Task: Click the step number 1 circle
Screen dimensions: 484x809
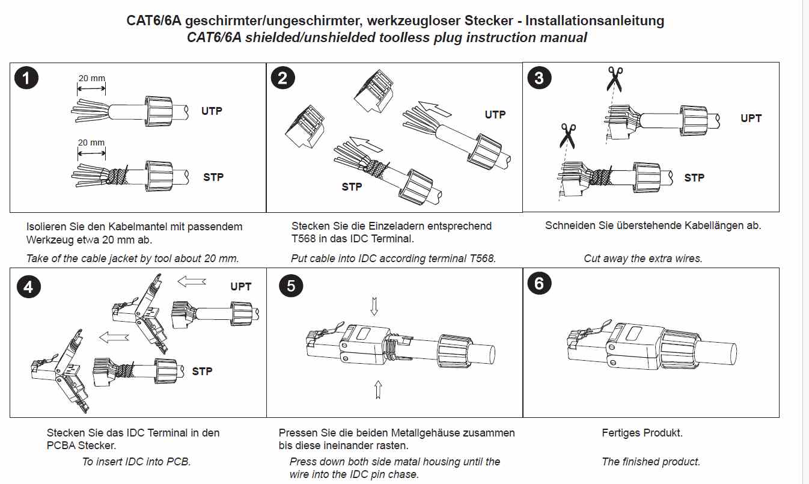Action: (26, 78)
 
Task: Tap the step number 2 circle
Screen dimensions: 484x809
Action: (283, 78)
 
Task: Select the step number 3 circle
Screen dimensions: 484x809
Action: (539, 78)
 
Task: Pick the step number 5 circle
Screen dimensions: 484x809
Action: (292, 286)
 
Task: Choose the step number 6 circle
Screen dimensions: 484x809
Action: (539, 283)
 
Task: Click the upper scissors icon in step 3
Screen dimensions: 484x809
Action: (614, 78)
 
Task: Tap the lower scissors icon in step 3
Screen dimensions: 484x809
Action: (567, 135)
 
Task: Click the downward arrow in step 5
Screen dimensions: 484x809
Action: (374, 306)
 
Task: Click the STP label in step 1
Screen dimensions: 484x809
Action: (213, 177)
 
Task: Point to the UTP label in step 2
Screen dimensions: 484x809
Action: (495, 115)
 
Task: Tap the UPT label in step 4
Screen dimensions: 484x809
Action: (241, 287)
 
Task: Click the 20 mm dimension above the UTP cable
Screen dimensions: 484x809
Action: (91, 78)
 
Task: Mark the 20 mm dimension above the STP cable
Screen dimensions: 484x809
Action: (91, 142)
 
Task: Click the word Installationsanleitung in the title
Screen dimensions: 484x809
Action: (594, 20)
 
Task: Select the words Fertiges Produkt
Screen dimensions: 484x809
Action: (642, 433)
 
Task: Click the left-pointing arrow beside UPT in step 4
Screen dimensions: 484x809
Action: (192, 281)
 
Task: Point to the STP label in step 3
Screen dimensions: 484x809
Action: (694, 178)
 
